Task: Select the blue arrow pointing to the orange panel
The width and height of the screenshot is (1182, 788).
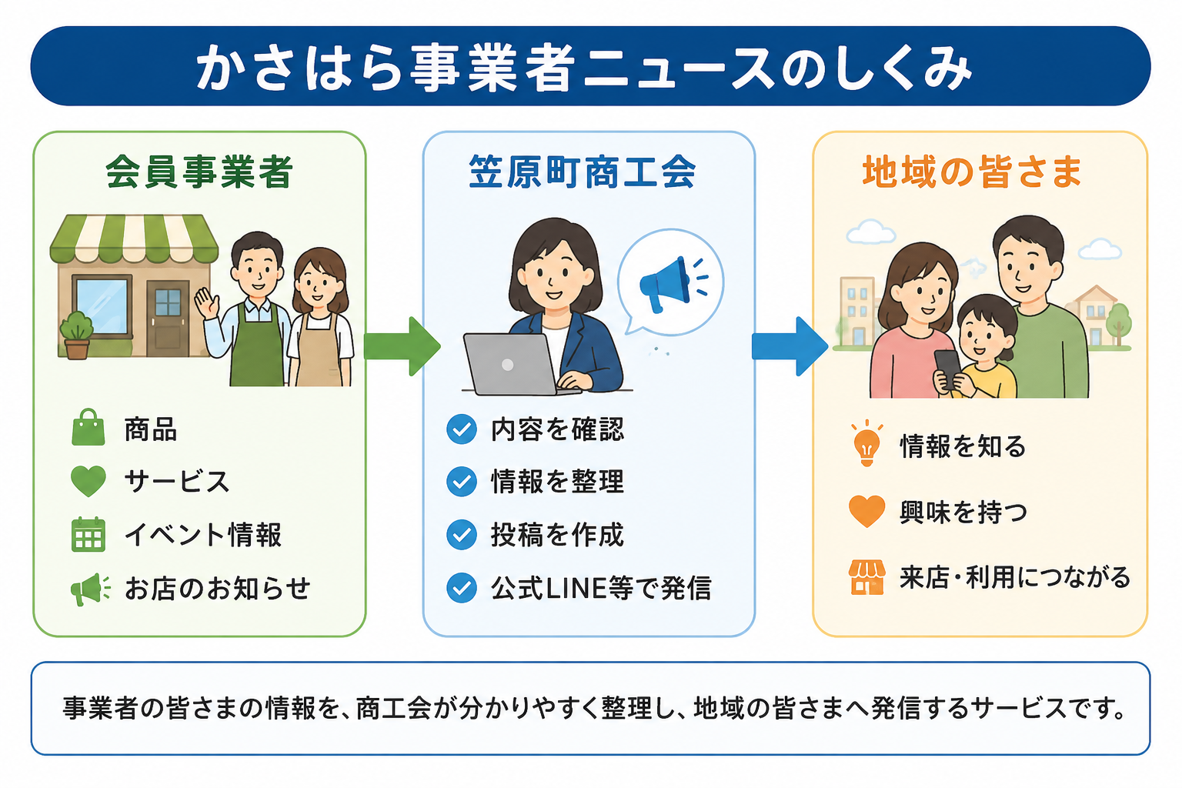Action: point(790,346)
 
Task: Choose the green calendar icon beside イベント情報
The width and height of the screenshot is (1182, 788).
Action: point(88,534)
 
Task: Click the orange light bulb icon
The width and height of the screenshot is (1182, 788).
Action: point(866,443)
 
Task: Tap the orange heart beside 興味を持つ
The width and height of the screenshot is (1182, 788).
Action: point(866,511)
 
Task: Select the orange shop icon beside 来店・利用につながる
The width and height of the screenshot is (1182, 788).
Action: point(866,577)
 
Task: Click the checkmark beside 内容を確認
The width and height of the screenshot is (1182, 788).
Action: point(462,429)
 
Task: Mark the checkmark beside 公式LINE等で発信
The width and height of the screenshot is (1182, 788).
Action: point(462,587)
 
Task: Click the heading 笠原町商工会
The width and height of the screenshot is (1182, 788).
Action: point(583,172)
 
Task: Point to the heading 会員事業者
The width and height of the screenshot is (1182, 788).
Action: point(199,172)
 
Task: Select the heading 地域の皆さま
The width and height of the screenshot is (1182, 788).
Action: point(972,172)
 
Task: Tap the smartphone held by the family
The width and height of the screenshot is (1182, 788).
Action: point(948,369)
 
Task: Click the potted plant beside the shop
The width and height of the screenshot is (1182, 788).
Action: point(77,336)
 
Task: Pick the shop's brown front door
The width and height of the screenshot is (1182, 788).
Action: point(168,319)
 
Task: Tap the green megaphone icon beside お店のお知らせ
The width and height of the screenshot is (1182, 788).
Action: point(91,589)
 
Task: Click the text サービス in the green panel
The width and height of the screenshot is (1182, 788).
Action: point(177,482)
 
